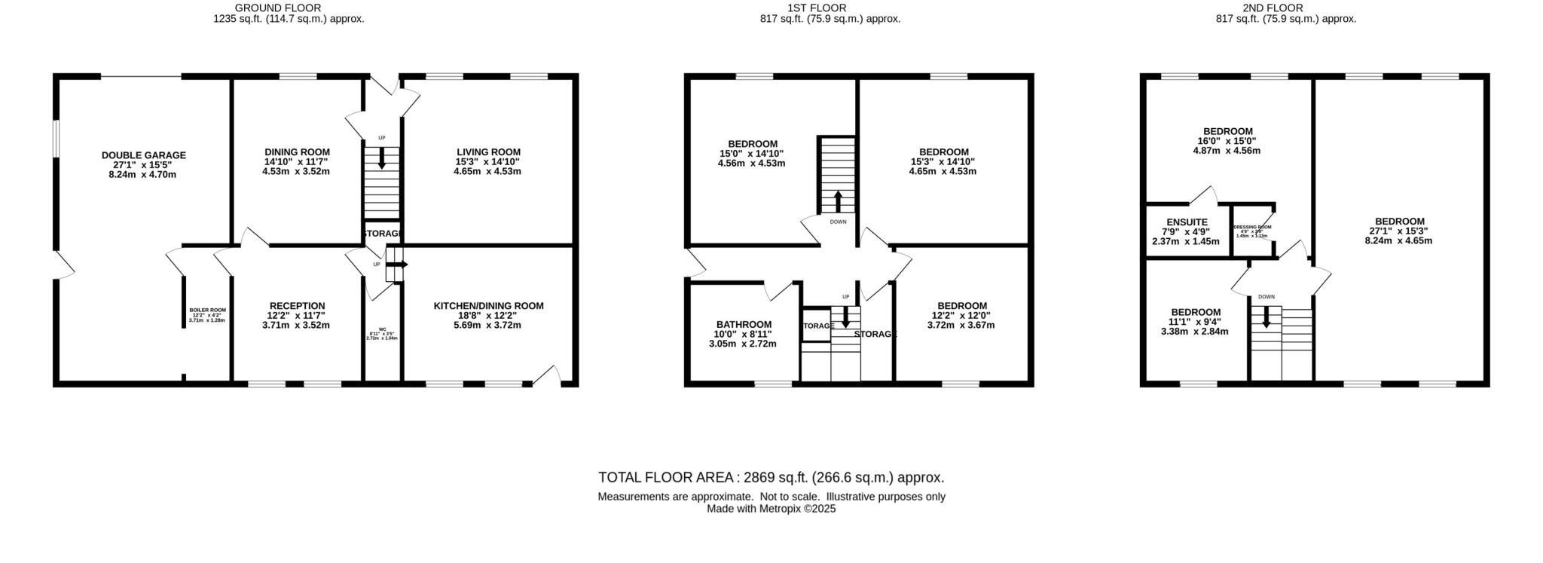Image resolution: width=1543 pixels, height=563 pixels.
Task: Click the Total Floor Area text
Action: (x=771, y=477)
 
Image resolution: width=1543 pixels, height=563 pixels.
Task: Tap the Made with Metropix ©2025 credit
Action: (x=771, y=509)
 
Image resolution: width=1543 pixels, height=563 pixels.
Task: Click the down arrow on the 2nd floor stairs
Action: (x=1266, y=318)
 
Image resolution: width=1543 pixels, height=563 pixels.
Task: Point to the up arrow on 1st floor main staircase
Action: (x=838, y=202)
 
